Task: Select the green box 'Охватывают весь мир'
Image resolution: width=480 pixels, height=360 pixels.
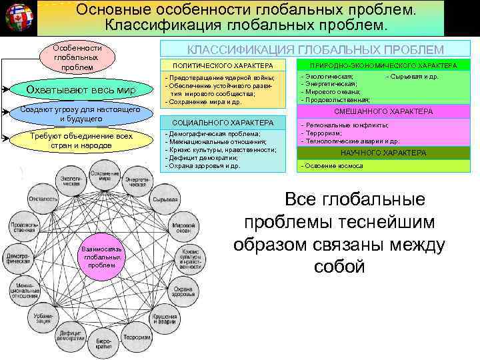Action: [80, 91]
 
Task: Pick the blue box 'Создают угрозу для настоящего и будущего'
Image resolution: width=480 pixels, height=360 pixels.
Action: [80, 113]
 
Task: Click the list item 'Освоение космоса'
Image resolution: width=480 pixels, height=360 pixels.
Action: [334, 165]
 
